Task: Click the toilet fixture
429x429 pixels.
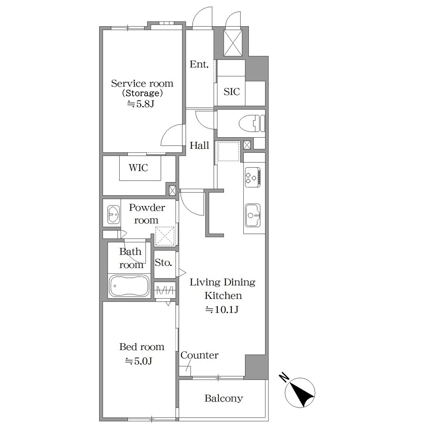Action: (x=252, y=124)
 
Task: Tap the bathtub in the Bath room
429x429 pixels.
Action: (x=129, y=286)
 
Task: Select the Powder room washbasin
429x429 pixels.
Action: (x=113, y=214)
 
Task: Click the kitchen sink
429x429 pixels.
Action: (x=253, y=215)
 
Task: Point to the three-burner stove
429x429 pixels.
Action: (x=252, y=177)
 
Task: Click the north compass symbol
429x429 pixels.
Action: (x=300, y=393)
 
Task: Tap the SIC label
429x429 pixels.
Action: (x=232, y=92)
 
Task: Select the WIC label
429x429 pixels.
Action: (x=139, y=167)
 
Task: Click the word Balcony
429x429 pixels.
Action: (x=224, y=399)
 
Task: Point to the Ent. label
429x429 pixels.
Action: (x=199, y=65)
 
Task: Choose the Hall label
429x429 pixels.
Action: (x=199, y=145)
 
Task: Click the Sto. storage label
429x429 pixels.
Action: (x=163, y=263)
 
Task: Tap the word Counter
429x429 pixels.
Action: (x=199, y=355)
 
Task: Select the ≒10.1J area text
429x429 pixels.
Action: (x=222, y=309)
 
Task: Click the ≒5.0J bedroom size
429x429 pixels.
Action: (x=138, y=361)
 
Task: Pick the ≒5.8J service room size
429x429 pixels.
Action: (x=141, y=104)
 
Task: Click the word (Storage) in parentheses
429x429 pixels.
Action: (x=142, y=93)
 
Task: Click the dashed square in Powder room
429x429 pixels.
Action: (x=165, y=236)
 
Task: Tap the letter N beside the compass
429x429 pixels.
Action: (x=284, y=377)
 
